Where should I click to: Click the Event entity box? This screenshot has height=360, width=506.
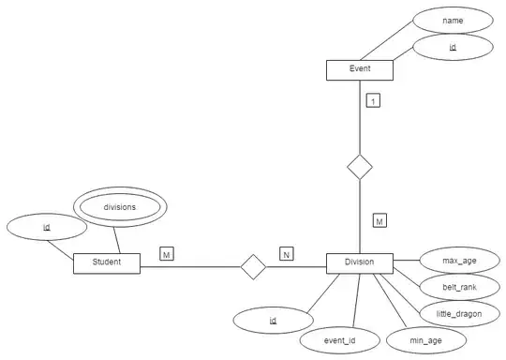(x=360, y=70)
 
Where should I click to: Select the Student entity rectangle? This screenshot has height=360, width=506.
(x=106, y=263)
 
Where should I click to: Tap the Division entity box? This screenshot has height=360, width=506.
(x=360, y=263)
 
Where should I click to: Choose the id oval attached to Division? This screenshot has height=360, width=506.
(x=273, y=321)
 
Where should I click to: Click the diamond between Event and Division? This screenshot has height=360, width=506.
(x=360, y=168)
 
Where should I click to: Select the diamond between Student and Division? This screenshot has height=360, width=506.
(x=253, y=266)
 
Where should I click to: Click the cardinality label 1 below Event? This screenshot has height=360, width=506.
(x=373, y=100)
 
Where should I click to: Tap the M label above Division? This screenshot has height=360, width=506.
(x=379, y=221)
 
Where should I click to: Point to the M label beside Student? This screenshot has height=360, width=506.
(x=166, y=254)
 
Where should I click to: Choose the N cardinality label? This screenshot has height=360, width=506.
(x=286, y=254)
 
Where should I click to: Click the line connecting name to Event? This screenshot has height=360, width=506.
(x=384, y=39)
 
